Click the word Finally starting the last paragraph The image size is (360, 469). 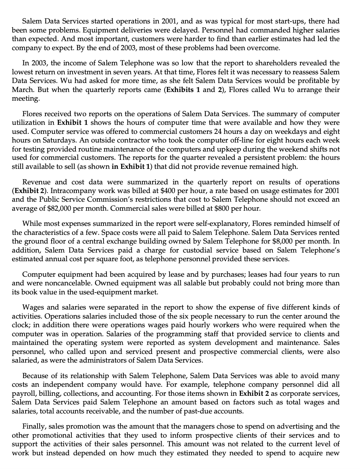click(x=34, y=426)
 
